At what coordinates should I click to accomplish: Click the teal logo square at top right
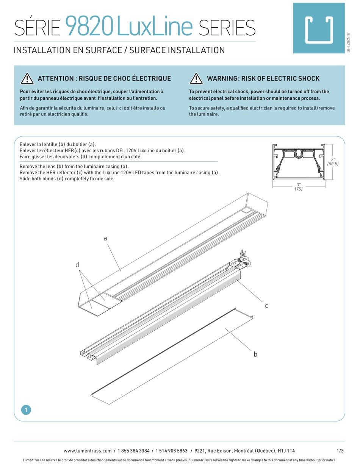pyautogui.click(x=318, y=28)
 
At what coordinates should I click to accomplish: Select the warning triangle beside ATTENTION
pyautogui.click(x=27, y=78)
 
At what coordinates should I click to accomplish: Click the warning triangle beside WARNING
pyautogui.click(x=196, y=78)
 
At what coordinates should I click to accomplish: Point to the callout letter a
pyautogui.click(x=105, y=238)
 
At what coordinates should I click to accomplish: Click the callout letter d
pyautogui.click(x=77, y=265)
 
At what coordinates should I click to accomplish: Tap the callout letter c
pyautogui.click(x=266, y=306)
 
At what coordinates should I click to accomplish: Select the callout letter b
pyautogui.click(x=255, y=354)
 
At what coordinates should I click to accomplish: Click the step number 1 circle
pyautogui.click(x=26, y=410)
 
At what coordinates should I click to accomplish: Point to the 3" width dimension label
pyautogui.click(x=299, y=184)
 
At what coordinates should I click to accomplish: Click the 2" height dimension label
pyautogui.click(x=333, y=159)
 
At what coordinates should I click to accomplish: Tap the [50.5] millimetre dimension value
pyautogui.click(x=333, y=164)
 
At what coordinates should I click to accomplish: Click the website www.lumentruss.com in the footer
pyautogui.click(x=88, y=451)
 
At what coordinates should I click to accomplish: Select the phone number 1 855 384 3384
pyautogui.click(x=133, y=451)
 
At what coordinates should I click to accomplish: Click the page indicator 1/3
pyautogui.click(x=340, y=451)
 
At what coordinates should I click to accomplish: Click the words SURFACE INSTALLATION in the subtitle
pyautogui.click(x=177, y=50)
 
